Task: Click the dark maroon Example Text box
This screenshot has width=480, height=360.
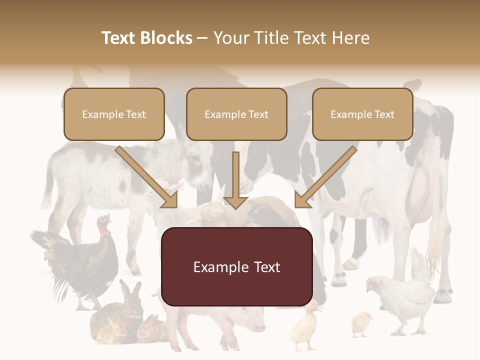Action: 236,266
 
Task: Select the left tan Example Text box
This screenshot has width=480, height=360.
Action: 114,114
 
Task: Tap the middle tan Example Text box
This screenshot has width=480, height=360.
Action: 236,114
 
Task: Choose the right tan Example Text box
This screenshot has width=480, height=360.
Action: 362,114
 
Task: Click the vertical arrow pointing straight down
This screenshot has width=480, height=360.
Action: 235,180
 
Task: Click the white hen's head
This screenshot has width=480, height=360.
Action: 372,283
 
